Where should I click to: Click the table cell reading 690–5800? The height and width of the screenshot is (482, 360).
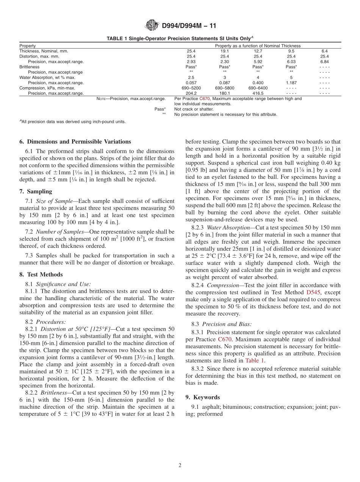pyautogui.click(x=224, y=88)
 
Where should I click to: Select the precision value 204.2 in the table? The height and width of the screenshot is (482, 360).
pyautogui.click(x=191, y=93)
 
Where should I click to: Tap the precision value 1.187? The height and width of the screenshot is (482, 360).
pyautogui.click(x=291, y=83)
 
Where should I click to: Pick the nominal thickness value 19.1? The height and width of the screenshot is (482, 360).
pyautogui.click(x=224, y=51)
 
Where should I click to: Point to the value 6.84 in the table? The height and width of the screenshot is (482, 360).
pyautogui.click(x=324, y=61)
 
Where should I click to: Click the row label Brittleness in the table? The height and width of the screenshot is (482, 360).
pyautogui.click(x=30, y=67)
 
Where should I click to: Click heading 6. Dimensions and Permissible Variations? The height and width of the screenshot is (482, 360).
pyautogui.click(x=75, y=142)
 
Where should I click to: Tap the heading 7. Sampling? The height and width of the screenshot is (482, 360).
pyautogui.click(x=36, y=191)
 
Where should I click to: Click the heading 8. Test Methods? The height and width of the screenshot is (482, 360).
pyautogui.click(x=41, y=274)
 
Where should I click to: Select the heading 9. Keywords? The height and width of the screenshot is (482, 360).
pyautogui.click(x=202, y=397)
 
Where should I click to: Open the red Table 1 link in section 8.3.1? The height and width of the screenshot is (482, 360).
pyautogui.click(x=255, y=360)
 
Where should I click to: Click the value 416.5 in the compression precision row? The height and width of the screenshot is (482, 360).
pyautogui.click(x=258, y=93)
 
